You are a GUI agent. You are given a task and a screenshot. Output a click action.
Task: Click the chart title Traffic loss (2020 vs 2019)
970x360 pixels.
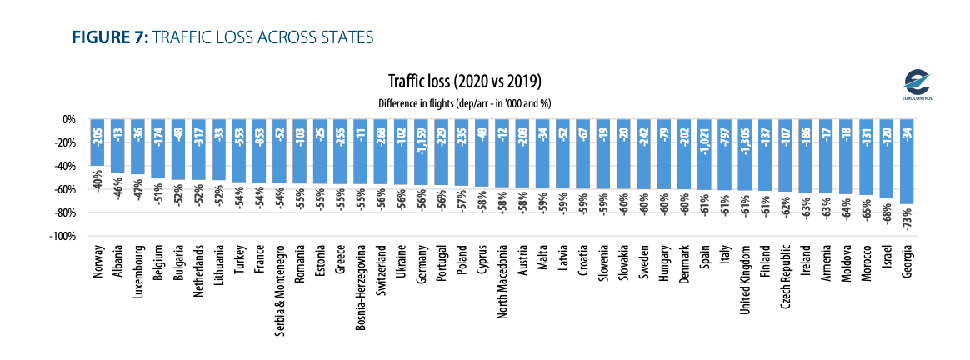click(x=465, y=82)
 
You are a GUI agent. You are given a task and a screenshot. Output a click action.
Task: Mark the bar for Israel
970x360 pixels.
click(x=887, y=167)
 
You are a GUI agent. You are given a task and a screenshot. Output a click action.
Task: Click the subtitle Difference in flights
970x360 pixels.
click(x=464, y=102)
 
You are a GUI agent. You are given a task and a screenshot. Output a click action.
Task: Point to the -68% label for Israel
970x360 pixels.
click(x=887, y=215)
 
